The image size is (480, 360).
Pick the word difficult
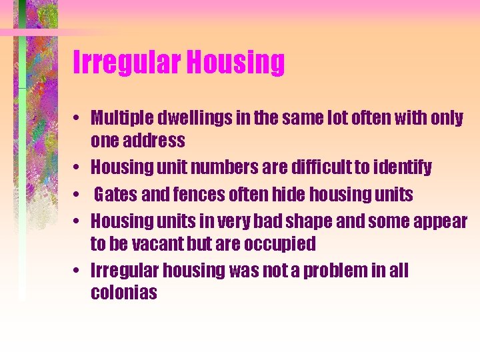323,167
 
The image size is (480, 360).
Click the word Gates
115,195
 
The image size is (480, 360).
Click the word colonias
124,293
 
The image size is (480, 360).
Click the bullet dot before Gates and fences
79,195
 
